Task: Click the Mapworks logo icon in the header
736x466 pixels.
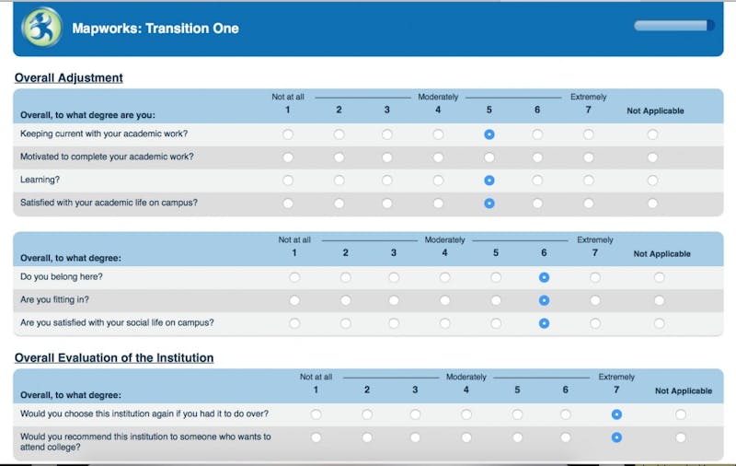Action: pos(41,28)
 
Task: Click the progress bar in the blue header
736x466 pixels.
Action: pos(674,26)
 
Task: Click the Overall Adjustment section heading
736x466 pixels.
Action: pos(68,78)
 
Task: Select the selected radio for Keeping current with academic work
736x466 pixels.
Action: pos(489,134)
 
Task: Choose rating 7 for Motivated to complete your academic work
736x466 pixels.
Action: pos(588,157)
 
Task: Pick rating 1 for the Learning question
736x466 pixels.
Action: pos(288,181)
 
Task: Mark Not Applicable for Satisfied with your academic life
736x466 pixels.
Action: pos(652,204)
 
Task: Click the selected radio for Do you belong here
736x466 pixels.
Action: pos(544,277)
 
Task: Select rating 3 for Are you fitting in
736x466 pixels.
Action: pos(394,300)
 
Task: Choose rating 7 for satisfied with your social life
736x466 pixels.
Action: pos(595,323)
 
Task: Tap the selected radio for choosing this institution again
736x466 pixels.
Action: pos(616,414)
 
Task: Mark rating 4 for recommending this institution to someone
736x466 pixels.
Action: pos(466,437)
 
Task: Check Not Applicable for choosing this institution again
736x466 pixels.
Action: pos(681,414)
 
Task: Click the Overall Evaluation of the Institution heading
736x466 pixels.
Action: pos(114,358)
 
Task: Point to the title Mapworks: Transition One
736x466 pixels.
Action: pos(155,29)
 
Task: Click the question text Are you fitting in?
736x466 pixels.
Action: pos(54,299)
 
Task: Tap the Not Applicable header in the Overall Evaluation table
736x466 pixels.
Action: pos(684,390)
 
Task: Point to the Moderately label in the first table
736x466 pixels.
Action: pos(438,97)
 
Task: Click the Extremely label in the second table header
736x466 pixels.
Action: pos(595,239)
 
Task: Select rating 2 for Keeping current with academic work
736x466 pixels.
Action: pos(339,134)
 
